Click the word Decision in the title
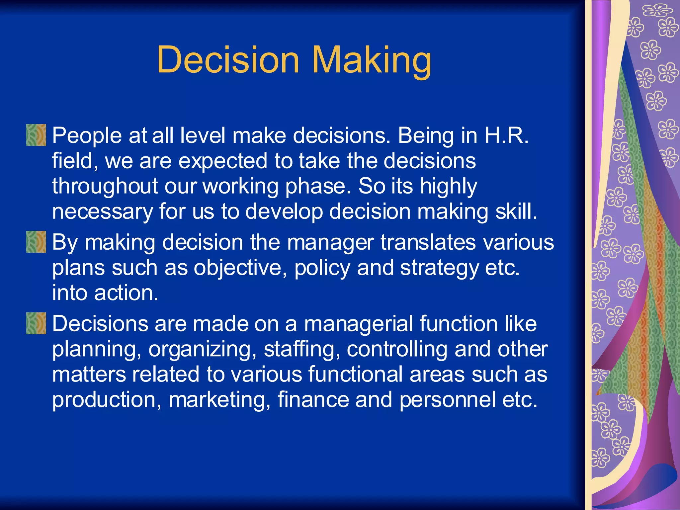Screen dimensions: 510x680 tap(228, 60)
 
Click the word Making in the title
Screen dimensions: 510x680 tap(372, 60)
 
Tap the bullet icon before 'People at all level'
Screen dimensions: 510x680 tap(36, 135)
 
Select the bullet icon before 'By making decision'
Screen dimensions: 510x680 tap(36, 242)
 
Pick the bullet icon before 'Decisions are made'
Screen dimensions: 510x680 tap(36, 323)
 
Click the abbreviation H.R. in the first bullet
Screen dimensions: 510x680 tap(506, 135)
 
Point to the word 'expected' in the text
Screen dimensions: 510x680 tap(223, 161)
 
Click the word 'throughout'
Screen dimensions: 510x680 tap(105, 186)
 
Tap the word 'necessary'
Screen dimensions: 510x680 tap(102, 212)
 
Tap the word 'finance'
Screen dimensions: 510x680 tap(313, 399)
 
